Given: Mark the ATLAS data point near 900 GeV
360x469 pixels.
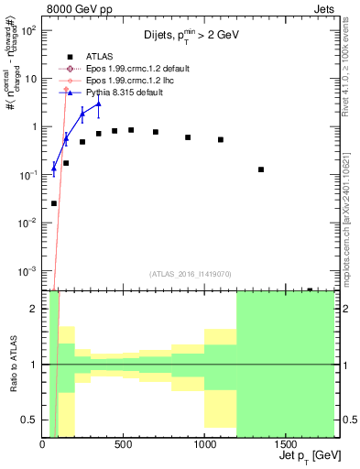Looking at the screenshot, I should pyautogui.click(x=188, y=137).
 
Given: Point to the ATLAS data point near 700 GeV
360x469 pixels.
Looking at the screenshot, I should pyautogui.click(x=156, y=132).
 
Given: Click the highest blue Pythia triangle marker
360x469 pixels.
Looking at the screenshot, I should pyautogui.click(x=98, y=104).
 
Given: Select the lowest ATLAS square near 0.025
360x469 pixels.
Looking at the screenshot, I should pyautogui.click(x=54, y=203).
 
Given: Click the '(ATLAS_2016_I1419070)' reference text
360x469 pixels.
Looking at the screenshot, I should pyautogui.click(x=190, y=273).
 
